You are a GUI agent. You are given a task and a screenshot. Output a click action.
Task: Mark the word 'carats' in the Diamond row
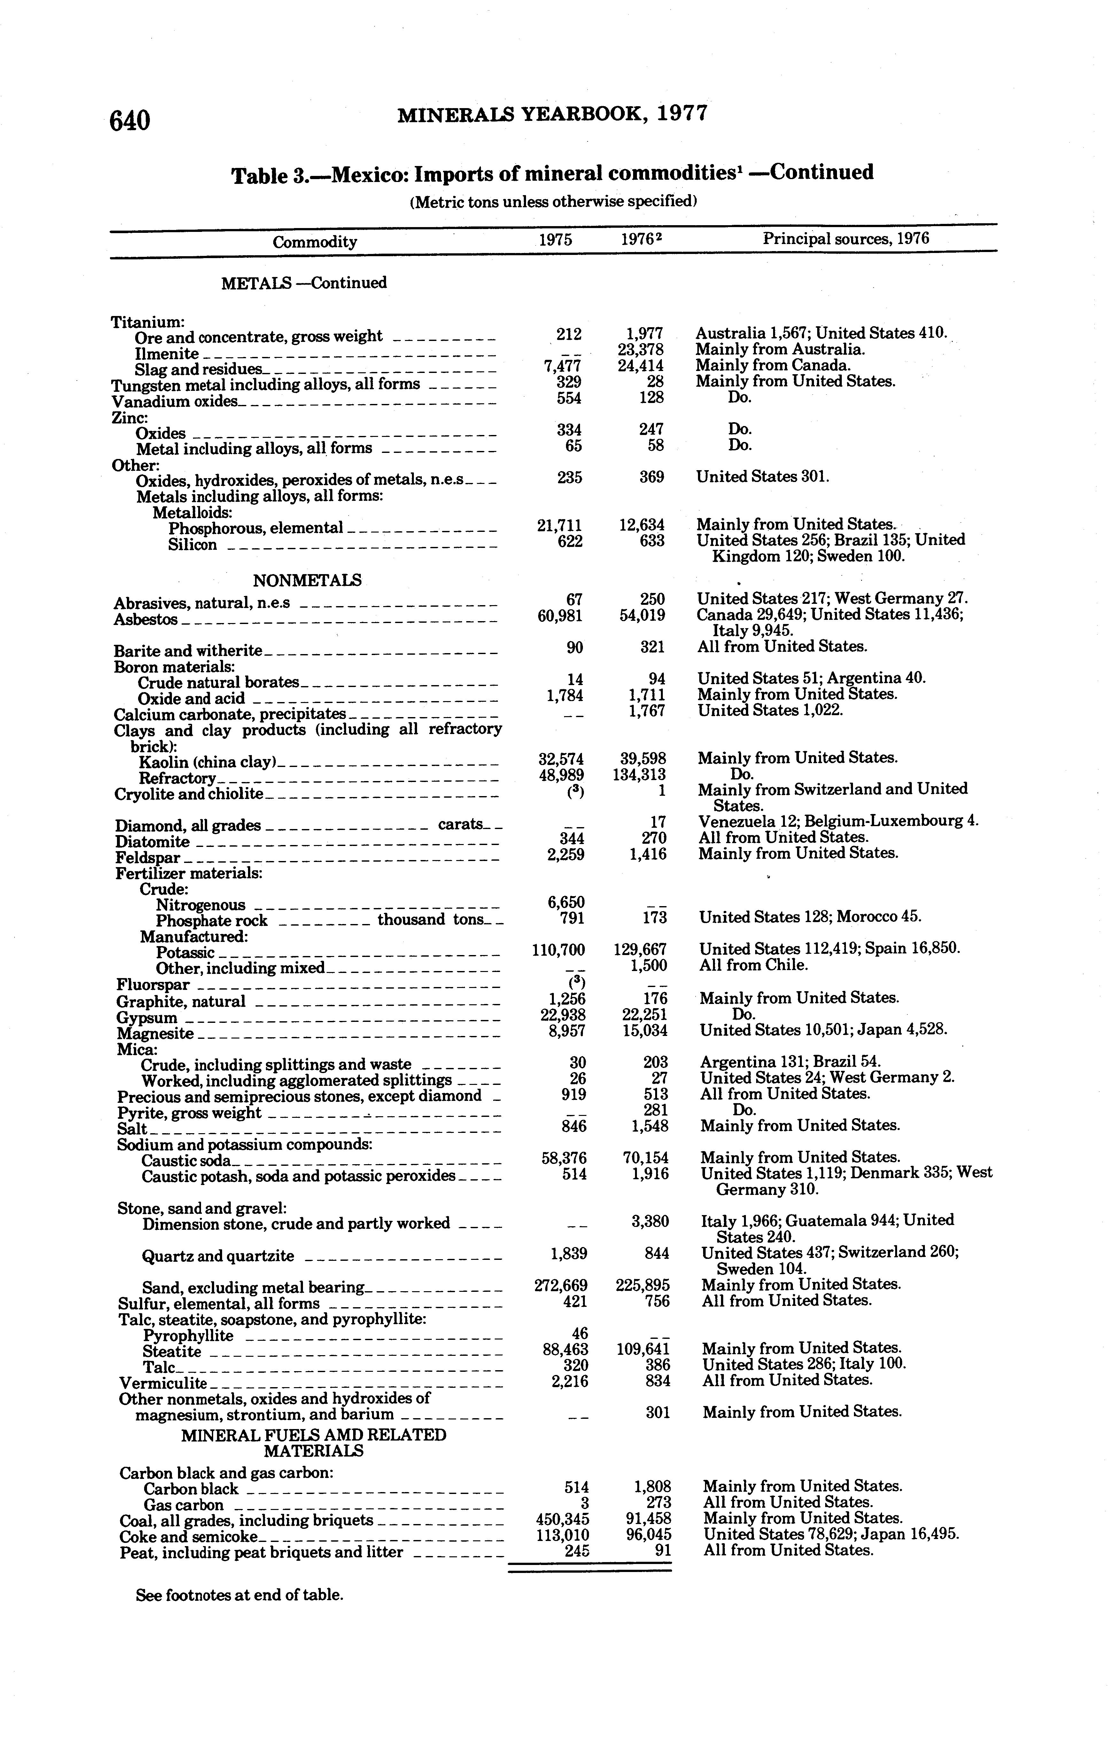click(461, 825)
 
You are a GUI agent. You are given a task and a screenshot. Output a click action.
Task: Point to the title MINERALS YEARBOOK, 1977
click(552, 115)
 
